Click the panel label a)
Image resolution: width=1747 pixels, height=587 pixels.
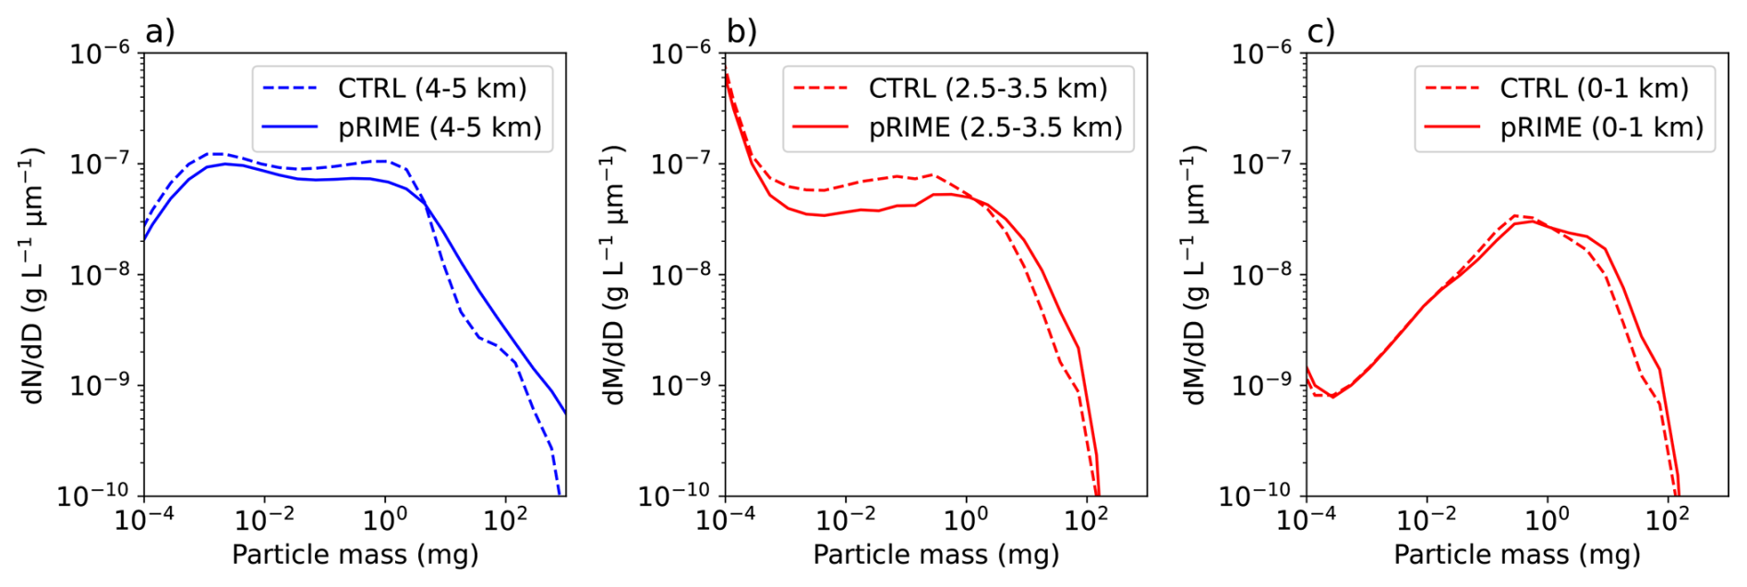[x=160, y=31]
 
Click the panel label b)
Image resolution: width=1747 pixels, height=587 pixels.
[x=741, y=31]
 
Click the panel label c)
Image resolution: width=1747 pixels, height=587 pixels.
[x=1321, y=31]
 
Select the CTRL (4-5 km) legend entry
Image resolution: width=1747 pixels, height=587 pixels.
[x=395, y=89]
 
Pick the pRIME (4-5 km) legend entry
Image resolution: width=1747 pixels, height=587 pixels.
[x=403, y=127]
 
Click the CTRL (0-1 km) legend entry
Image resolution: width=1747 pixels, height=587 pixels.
[x=1557, y=89]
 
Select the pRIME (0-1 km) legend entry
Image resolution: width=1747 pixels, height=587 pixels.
[x=1564, y=127]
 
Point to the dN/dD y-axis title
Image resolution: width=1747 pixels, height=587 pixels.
[x=31, y=275]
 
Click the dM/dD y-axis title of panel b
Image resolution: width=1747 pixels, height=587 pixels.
[x=613, y=275]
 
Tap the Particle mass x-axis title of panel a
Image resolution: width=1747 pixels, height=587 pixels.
[x=355, y=555]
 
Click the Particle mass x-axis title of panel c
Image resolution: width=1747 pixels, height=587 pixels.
[x=1517, y=555]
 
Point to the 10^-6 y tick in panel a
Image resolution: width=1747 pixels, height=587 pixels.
[x=101, y=53]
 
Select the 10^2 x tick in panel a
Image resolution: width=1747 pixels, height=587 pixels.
[x=505, y=519]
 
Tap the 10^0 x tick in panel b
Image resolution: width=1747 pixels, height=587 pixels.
[x=966, y=519]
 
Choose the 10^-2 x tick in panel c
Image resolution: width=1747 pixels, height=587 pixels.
[x=1427, y=519]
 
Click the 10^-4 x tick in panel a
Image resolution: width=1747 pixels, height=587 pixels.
[x=145, y=519]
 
